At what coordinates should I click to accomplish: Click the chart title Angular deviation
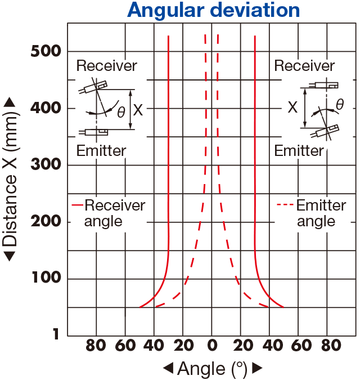pos(213,10)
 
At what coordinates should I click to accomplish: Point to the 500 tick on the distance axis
pos(46,51)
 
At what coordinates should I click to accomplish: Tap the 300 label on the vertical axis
pos(46,164)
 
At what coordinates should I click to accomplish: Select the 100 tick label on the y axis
pos(46,277)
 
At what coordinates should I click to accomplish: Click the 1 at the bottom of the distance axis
pos(56,334)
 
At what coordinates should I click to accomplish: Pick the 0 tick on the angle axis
pos(212,345)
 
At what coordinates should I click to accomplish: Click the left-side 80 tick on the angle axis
pos(96,345)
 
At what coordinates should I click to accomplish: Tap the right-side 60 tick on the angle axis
pos(301,345)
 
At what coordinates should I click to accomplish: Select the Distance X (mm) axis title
pos(10,180)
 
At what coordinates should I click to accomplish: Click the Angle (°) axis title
pos(212,369)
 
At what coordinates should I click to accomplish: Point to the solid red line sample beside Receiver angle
pos(78,205)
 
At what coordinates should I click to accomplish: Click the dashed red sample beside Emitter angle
pos(285,205)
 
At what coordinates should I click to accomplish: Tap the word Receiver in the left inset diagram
pos(107,66)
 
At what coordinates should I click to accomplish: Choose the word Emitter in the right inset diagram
pos(299,150)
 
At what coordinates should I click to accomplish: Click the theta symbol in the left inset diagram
pos(121,112)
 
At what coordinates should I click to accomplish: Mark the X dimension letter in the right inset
pos(292,107)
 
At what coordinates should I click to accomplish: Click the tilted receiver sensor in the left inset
pos(93,87)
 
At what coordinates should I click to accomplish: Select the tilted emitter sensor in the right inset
pos(325,131)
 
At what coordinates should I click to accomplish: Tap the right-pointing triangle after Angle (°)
pos(258,368)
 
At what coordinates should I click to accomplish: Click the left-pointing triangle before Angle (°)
pos(168,368)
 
